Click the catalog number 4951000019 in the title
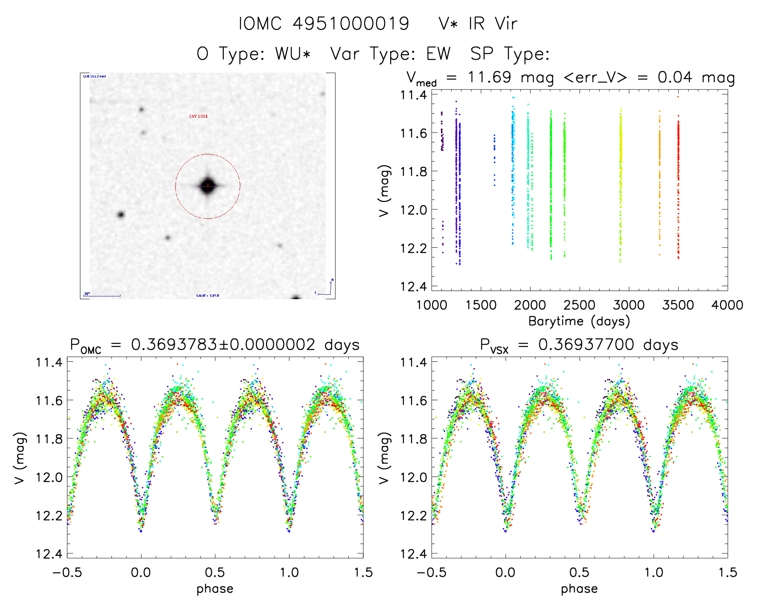click(350, 23)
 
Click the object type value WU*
click(293, 53)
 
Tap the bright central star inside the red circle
click(207, 186)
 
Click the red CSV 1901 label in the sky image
click(198, 116)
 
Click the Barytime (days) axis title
click(579, 321)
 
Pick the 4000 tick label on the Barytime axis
click(727, 305)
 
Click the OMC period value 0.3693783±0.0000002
click(223, 345)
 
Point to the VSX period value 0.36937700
click(586, 345)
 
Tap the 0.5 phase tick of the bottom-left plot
click(215, 572)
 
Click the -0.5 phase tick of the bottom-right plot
click(432, 572)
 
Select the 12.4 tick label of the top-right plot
click(413, 286)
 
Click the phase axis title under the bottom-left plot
click(215, 589)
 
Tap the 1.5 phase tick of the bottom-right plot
click(728, 572)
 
